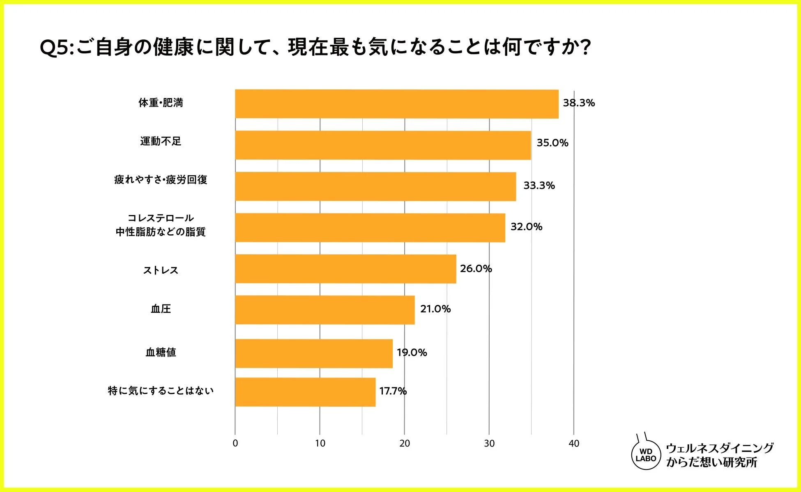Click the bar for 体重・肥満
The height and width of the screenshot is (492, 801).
point(396,104)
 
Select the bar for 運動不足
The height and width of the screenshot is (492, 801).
point(383,145)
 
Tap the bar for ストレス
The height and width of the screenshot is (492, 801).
point(345,269)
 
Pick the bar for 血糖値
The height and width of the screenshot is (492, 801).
point(313,353)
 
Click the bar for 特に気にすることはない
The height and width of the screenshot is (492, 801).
point(305,392)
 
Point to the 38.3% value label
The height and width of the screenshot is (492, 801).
point(578,103)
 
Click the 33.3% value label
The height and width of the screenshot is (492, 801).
point(539,185)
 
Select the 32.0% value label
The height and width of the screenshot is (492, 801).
point(526,227)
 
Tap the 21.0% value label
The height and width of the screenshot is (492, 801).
point(435,309)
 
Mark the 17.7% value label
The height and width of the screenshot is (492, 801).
point(393,391)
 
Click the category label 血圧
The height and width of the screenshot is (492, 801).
point(161,309)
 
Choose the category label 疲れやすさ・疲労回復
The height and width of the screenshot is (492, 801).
point(161,180)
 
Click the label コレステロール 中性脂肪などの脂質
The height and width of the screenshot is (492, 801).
point(161,225)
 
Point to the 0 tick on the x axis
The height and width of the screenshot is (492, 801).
point(235,444)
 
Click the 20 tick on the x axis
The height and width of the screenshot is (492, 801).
point(405,444)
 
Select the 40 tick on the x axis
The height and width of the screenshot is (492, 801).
point(574,444)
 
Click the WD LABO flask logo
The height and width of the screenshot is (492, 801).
point(646,454)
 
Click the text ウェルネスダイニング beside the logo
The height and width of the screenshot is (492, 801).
point(719,448)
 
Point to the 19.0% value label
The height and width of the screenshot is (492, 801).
point(412,352)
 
